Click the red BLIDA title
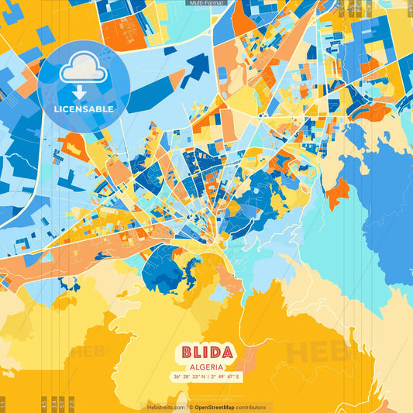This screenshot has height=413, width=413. click(x=206, y=353)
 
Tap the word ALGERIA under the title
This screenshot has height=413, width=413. click(x=206, y=367)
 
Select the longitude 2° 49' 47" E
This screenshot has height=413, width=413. click(x=225, y=377)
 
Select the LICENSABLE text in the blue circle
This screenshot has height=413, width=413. click(x=83, y=109)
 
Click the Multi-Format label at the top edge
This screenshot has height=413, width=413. click(x=206, y=3)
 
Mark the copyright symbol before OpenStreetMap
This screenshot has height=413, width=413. click(x=191, y=407)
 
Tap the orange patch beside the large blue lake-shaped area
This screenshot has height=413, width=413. click(x=336, y=191)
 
